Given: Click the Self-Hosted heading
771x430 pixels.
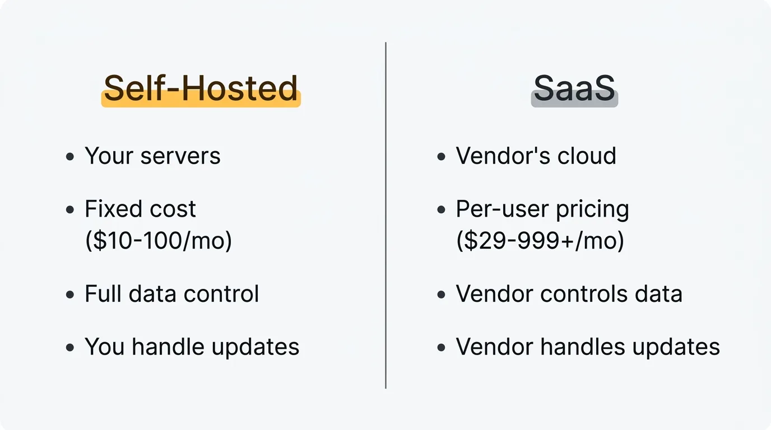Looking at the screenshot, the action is (201, 88).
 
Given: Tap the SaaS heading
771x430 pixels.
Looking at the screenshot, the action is (574, 88).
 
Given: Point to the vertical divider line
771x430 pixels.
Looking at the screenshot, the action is (386, 216).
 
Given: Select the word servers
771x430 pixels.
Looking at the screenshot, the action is (180, 156).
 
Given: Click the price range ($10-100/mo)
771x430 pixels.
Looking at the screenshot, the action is (159, 240).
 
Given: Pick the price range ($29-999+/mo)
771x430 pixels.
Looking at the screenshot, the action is (540, 240).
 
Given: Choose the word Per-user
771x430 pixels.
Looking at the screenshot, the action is (503, 209).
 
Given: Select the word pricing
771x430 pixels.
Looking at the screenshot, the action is (592, 210).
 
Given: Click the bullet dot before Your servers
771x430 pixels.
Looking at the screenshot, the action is (70, 157).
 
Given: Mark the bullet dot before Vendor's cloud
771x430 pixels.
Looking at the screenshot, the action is (441, 157).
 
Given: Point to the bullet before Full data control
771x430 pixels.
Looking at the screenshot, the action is (70, 295).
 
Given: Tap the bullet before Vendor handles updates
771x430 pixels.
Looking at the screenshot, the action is (441, 348).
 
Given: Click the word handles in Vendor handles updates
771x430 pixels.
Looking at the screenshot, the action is (582, 347).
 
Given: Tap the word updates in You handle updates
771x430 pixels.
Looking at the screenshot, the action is (256, 348).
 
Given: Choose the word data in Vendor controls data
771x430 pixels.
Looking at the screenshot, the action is (658, 293).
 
